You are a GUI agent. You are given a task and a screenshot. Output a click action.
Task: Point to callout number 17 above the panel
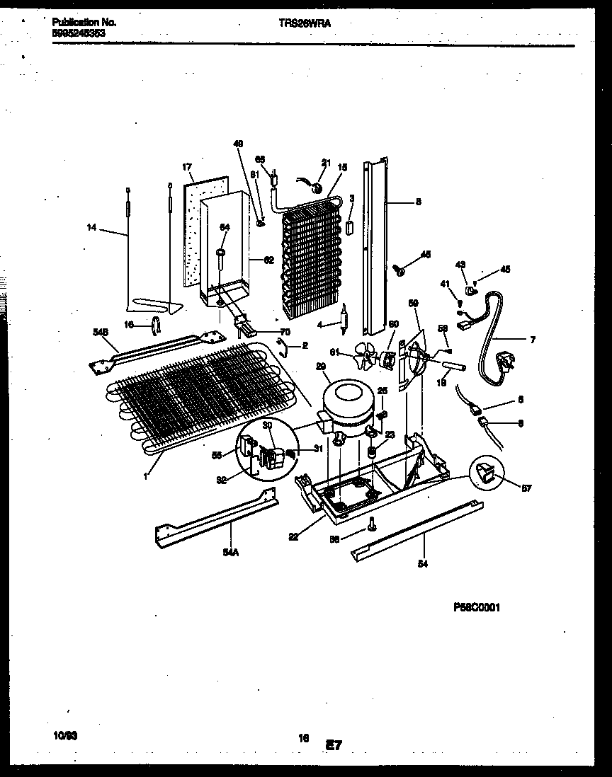(x=187, y=168)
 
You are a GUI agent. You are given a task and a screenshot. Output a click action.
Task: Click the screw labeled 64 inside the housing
(x=222, y=258)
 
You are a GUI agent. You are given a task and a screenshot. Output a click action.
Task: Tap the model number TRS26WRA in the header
(x=305, y=23)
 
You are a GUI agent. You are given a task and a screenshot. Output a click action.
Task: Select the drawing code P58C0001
(x=477, y=607)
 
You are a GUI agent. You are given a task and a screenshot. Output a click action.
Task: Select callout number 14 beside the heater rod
(x=91, y=228)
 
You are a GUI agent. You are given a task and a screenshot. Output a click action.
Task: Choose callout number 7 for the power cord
(x=532, y=340)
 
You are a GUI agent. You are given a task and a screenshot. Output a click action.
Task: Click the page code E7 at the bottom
(x=334, y=744)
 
